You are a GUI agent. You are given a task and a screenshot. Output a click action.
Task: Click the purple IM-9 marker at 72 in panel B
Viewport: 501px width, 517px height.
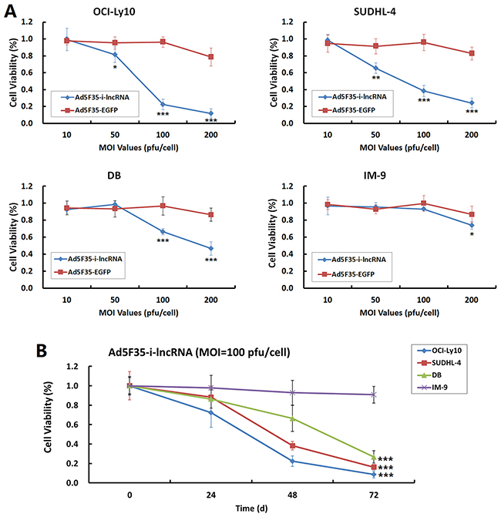373,394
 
